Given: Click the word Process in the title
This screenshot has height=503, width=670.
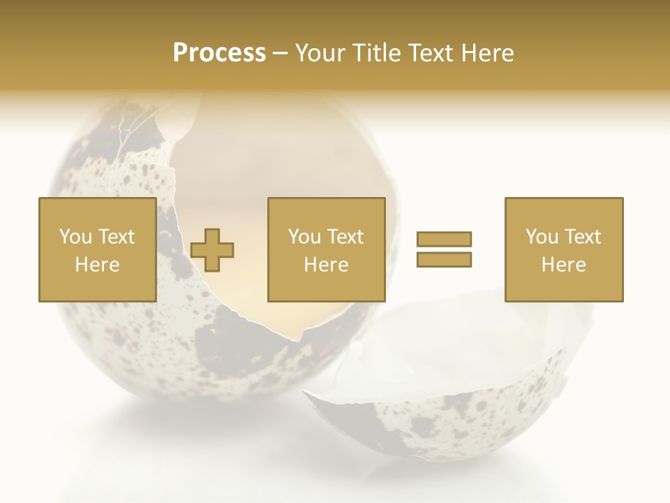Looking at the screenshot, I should coord(219,53).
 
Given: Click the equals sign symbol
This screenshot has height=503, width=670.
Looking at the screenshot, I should coord(444,249).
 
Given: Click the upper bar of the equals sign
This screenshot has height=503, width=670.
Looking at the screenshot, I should coord(444,240).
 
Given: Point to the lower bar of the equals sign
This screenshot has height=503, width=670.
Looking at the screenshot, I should coord(444,259).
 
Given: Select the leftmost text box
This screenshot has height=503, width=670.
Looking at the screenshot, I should coord(97,249).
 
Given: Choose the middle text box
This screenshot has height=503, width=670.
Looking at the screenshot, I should coord(326,249).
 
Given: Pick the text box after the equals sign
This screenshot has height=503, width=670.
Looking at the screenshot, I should coord(563,249).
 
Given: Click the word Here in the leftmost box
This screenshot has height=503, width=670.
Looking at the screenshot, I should coord(97,265).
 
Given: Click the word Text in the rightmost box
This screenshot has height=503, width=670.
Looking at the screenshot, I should coord(582,237).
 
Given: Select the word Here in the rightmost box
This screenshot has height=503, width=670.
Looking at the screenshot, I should coord(563,265).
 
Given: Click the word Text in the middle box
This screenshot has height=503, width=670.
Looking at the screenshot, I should coord(345,237).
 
